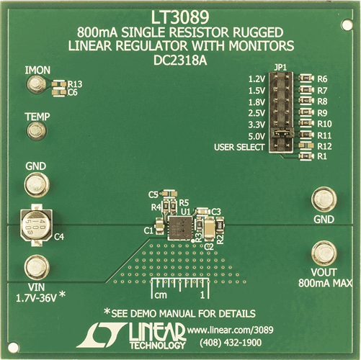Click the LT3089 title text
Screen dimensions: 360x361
(180, 17)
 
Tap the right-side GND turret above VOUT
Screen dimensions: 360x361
(324, 199)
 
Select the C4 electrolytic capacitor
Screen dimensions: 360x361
(34, 225)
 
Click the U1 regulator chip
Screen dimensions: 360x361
(177, 228)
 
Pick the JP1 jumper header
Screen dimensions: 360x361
(282, 112)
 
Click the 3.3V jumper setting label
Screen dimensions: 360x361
(256, 124)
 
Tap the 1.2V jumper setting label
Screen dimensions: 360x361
(256, 78)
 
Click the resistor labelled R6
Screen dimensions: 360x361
(306, 78)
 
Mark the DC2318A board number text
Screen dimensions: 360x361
(180, 61)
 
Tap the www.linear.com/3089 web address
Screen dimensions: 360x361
(228, 329)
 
